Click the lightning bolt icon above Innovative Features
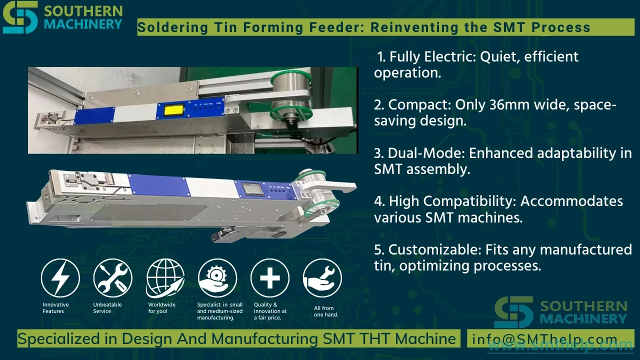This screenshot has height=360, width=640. coord(60,278)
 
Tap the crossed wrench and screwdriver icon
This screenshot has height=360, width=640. coord(112,278)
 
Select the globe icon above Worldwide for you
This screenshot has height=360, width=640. coord(165,278)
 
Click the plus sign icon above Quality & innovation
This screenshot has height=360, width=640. coord(270,278)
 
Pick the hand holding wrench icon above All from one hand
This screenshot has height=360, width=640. coord(322,278)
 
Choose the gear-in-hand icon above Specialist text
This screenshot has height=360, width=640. coord(217,278)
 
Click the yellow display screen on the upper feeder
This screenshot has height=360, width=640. coord(173,111)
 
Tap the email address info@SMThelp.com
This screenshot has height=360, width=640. coord(544,339)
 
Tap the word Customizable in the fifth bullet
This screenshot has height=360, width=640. coord(435,249)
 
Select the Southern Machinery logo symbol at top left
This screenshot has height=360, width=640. coord(20,17)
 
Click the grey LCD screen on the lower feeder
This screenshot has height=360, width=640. coord(251,189)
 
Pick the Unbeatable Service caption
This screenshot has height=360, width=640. coord(107,308)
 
